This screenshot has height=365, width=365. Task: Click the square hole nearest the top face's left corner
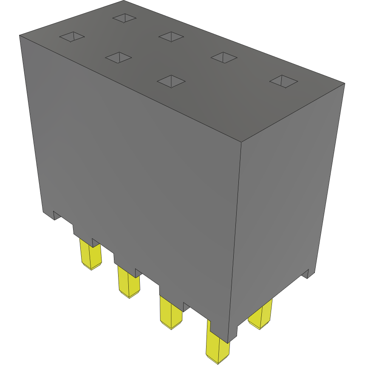pyautogui.click(x=72, y=37)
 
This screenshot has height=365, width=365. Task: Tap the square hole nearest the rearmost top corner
pyautogui.click(x=124, y=18)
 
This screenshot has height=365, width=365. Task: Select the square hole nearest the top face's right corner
pyautogui.click(x=282, y=81)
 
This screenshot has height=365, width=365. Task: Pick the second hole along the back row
pyautogui.click(x=171, y=37)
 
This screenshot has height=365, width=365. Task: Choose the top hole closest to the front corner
pyautogui.click(x=171, y=81)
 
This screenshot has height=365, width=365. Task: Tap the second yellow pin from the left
pyautogui.click(x=129, y=282)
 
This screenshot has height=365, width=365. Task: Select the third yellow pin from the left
pyautogui.click(x=171, y=313)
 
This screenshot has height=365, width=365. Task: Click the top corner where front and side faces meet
pyautogui.click(x=241, y=141)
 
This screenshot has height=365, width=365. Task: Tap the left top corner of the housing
pyautogui.click(x=20, y=36)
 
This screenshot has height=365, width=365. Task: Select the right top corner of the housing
pyautogui.click(x=344, y=84)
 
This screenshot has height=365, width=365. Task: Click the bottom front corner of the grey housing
pyautogui.click(x=228, y=342)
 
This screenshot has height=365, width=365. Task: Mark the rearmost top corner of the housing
pyautogui.click(x=127, y=1)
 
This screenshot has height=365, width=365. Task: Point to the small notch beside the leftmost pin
pyautogui.click(x=95, y=243)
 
